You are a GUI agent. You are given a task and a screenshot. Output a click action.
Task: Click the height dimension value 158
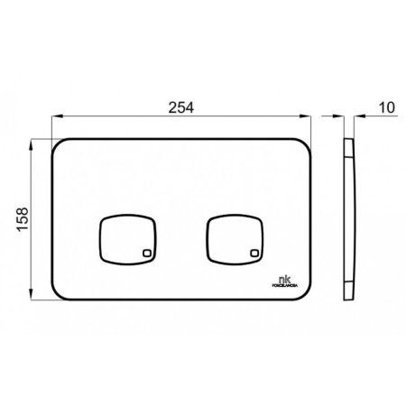pyautogui.click(x=24, y=219)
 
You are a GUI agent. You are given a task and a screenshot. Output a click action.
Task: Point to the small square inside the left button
pyautogui.click(x=146, y=254)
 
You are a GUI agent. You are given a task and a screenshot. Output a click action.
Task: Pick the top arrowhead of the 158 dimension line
pyautogui.click(x=33, y=143)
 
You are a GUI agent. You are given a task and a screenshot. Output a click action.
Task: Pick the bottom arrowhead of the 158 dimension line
pyautogui.click(x=33, y=297)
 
